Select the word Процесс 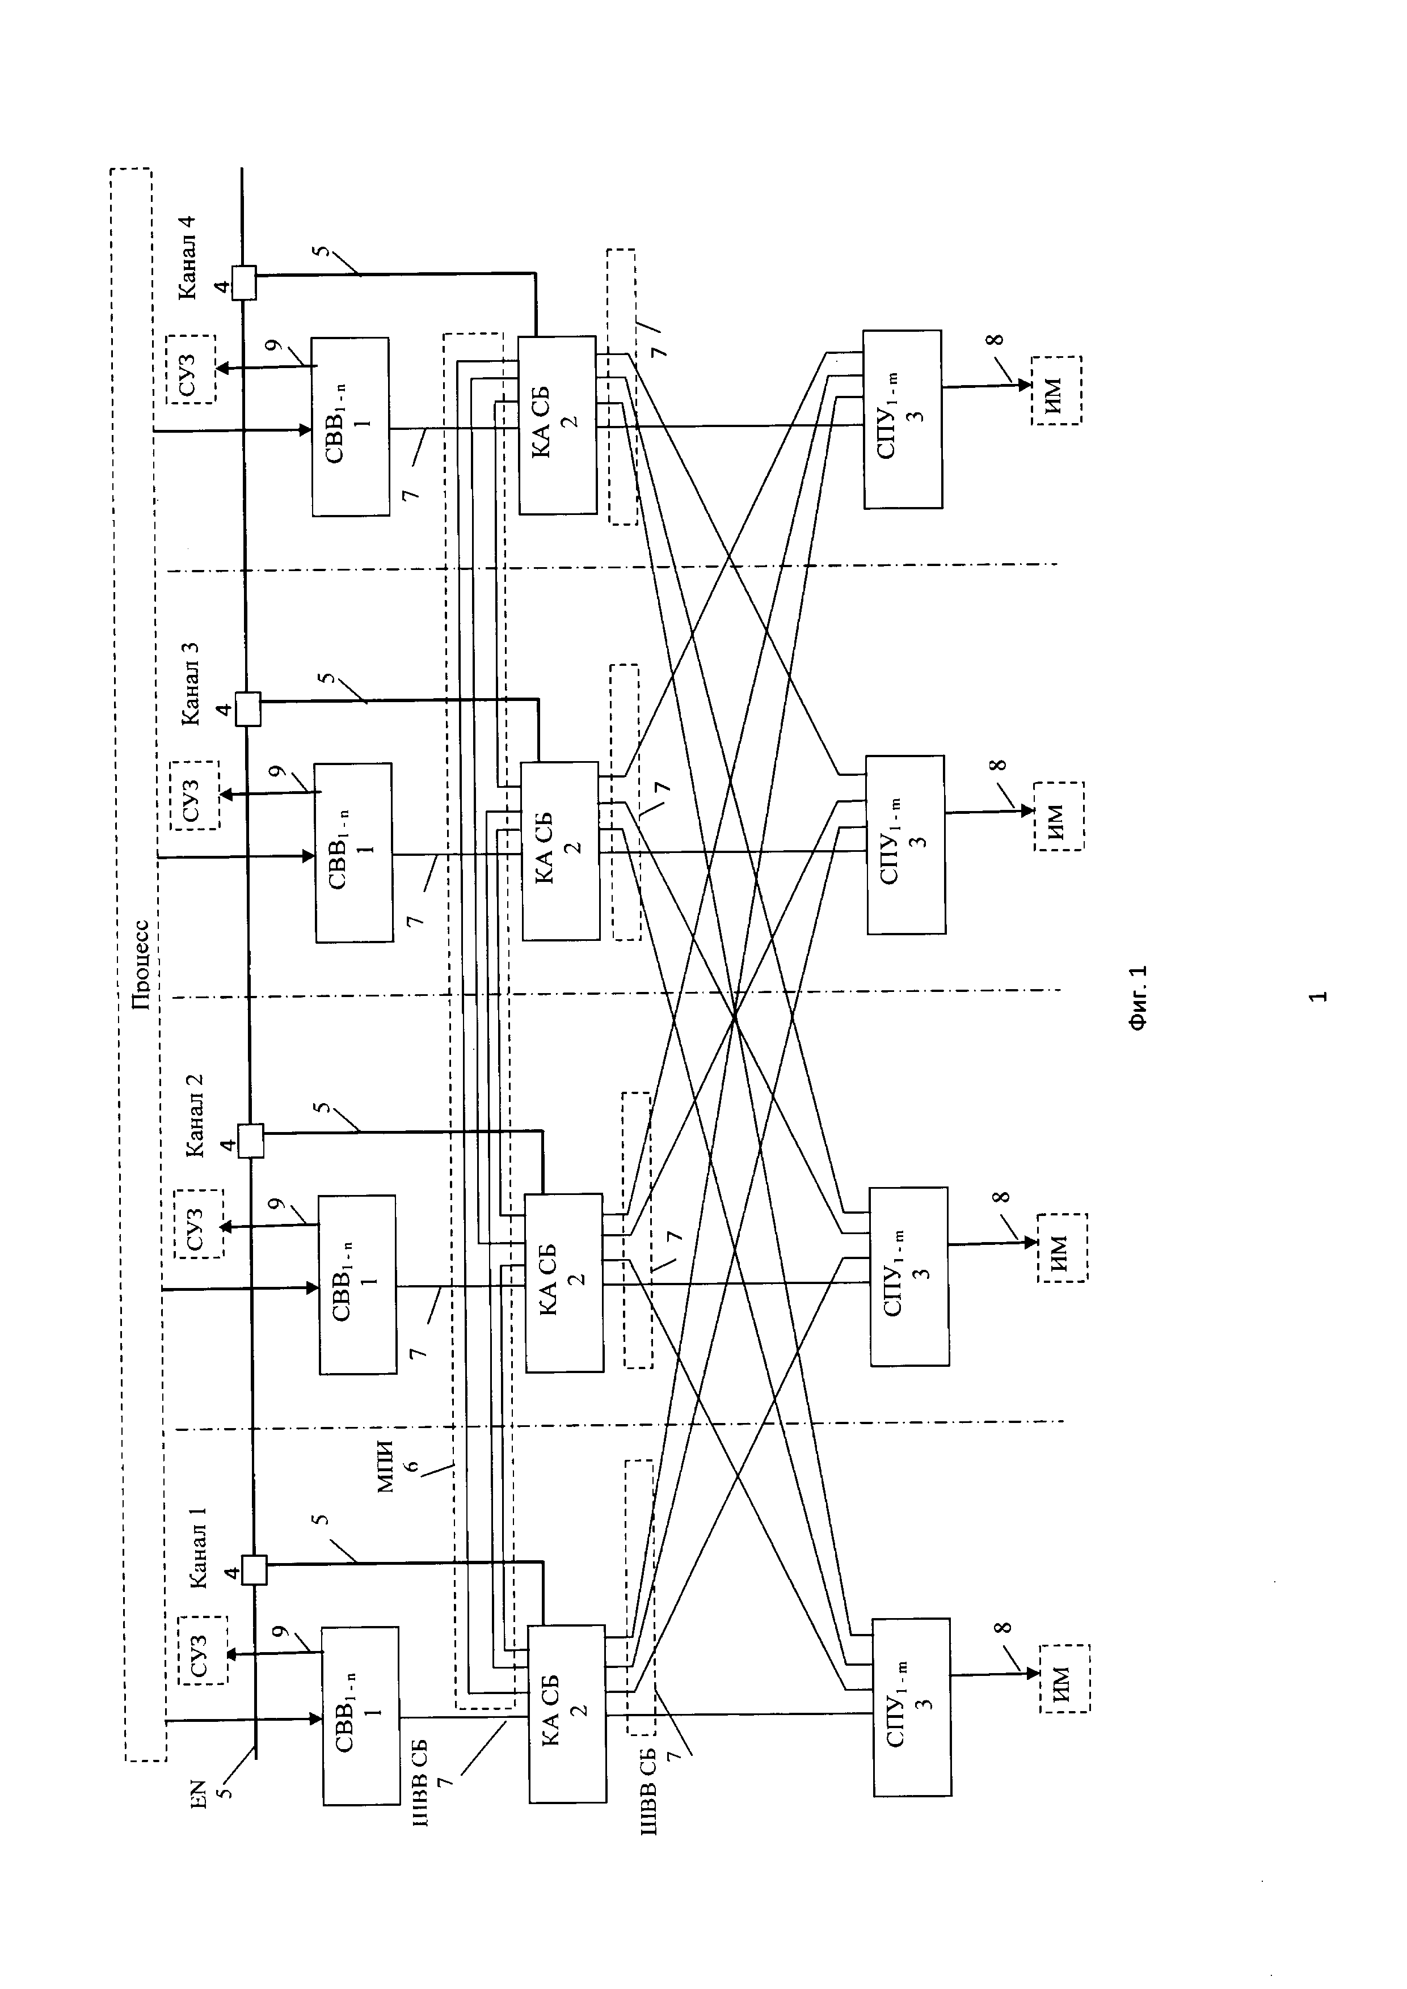tap(141, 965)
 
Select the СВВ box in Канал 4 tap(350, 426)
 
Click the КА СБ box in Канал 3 tap(560, 851)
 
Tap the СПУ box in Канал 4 tap(902, 419)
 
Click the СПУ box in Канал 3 tap(905, 844)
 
